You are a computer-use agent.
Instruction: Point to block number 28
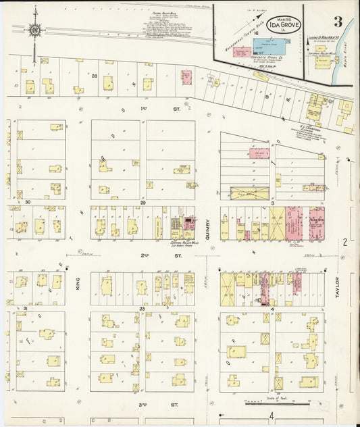[x=105, y=76]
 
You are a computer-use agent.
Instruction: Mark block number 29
[x=143, y=202]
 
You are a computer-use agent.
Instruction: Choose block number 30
[x=28, y=202]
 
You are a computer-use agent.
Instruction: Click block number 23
[x=143, y=308]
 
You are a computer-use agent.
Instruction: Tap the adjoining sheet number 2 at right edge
[x=344, y=241]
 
